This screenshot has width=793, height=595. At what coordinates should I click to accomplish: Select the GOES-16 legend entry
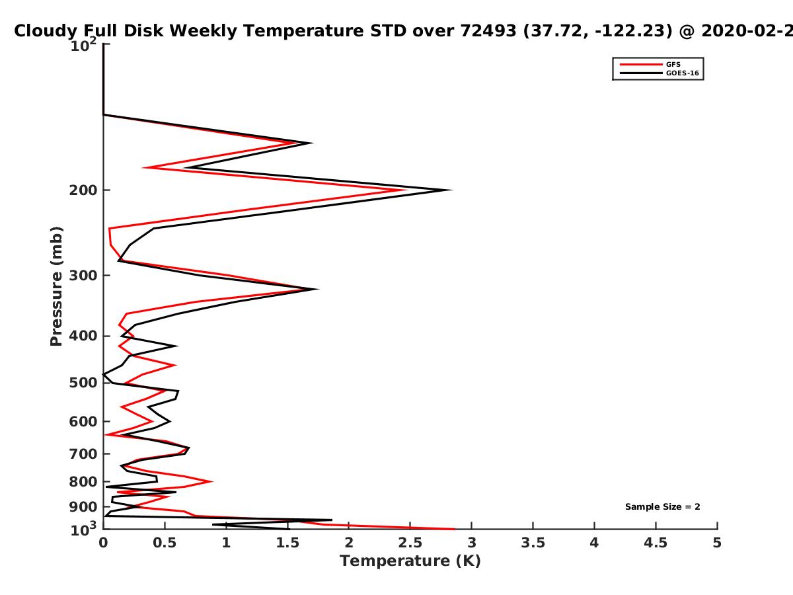[660, 73]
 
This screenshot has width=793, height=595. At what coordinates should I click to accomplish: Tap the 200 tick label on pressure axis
[83, 190]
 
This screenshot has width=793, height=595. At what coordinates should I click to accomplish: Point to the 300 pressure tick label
[83, 276]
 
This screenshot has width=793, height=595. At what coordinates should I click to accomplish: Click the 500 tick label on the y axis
[83, 383]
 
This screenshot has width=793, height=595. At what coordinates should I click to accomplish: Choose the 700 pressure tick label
[83, 454]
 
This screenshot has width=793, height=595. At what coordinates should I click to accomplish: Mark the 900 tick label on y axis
[83, 507]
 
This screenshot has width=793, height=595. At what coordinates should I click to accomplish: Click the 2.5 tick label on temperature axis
[410, 543]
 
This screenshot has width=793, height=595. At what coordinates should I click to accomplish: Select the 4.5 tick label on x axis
[656, 543]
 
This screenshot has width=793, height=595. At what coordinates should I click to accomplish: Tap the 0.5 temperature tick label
[165, 543]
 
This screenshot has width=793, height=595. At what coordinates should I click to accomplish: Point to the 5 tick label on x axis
[717, 543]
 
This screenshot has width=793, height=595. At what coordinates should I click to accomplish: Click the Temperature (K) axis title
[410, 561]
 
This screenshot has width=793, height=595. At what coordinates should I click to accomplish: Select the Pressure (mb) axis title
[56, 286]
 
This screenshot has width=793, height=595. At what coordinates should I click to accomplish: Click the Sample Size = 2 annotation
[663, 507]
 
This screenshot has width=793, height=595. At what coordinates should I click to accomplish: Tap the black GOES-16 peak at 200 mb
[451, 190]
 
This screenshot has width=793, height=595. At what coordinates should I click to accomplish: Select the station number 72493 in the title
[488, 31]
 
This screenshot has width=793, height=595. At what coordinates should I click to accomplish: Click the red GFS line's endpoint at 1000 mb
[455, 530]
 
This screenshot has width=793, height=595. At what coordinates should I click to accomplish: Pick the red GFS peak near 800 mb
[211, 481]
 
